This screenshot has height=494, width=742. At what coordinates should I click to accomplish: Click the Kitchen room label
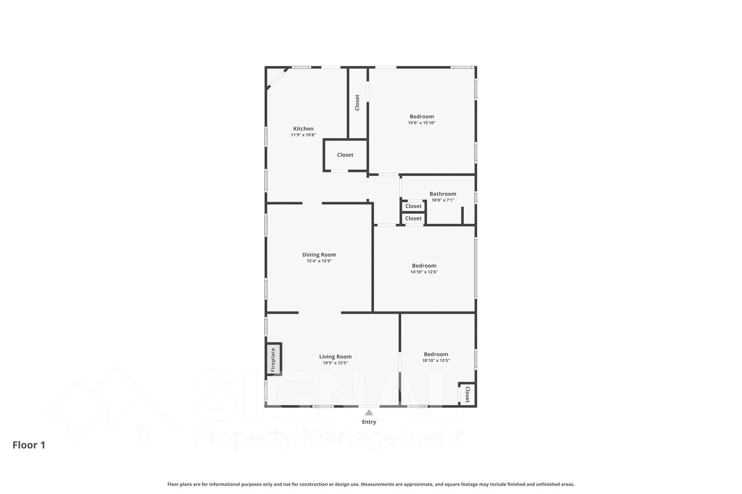pos(303,129)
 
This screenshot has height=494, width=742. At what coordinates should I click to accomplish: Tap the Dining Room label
pos(319,254)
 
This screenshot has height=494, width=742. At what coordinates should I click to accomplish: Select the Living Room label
pos(335,356)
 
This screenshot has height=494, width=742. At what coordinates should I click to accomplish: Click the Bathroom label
pos(442,194)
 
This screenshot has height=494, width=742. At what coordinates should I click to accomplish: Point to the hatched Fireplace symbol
pos(274,359)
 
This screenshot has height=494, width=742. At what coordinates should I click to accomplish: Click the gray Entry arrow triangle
pos(369,412)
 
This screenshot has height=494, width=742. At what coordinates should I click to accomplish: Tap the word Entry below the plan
pos(369,422)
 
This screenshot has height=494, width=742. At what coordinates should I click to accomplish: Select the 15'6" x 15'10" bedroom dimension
pos(422,123)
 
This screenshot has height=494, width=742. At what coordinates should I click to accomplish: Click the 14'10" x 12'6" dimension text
pos(424,272)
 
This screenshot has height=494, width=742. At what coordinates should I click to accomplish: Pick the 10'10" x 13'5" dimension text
pos(436,361)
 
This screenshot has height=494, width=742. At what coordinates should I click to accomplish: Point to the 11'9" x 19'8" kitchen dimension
pos(303,135)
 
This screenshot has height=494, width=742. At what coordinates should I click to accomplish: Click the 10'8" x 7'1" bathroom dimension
pos(442,200)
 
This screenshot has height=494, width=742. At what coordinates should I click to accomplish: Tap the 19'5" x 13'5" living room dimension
pos(335,363)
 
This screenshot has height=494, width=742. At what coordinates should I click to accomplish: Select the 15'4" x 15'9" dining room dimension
pos(319,261)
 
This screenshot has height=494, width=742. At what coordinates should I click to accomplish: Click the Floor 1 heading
pos(29,445)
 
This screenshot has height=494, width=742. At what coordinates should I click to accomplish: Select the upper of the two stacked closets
pos(413,206)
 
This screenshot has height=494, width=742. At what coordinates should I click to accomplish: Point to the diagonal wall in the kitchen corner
pos(277,78)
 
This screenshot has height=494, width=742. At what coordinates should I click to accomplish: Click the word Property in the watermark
pos(243,437)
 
